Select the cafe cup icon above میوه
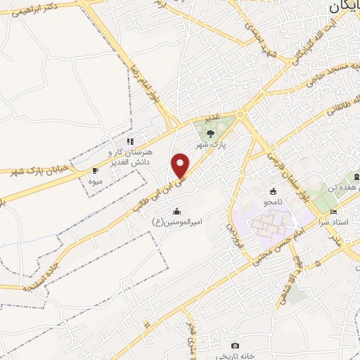pyautogui.click(x=96, y=171)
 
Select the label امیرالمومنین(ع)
pyautogui.click(x=177, y=221)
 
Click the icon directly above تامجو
pyautogui.click(x=273, y=191)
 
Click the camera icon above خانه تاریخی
pyautogui.click(x=235, y=346)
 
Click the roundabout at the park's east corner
pyautogui.click(x=240, y=114)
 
